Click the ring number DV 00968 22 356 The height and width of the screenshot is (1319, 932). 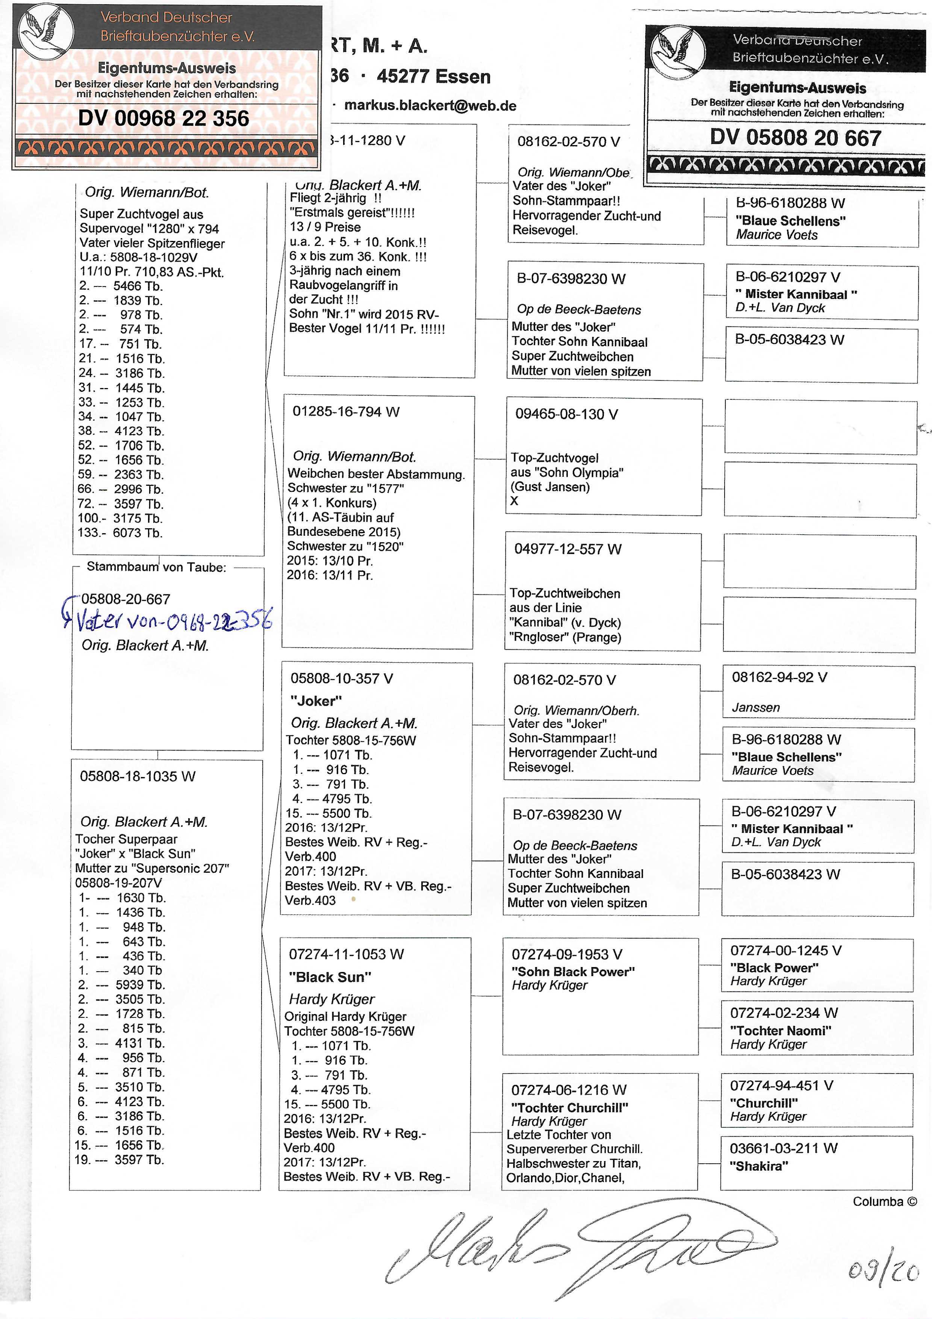[163, 118]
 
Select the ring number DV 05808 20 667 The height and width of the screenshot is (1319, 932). [795, 138]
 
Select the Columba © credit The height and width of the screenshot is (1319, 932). [884, 1202]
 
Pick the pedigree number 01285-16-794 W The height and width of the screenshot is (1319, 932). [346, 412]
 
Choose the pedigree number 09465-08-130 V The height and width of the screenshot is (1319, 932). [566, 414]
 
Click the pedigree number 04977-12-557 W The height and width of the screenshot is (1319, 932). [567, 549]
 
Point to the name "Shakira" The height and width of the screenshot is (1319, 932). [758, 1166]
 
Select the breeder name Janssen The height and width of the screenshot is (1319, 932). [756, 708]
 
